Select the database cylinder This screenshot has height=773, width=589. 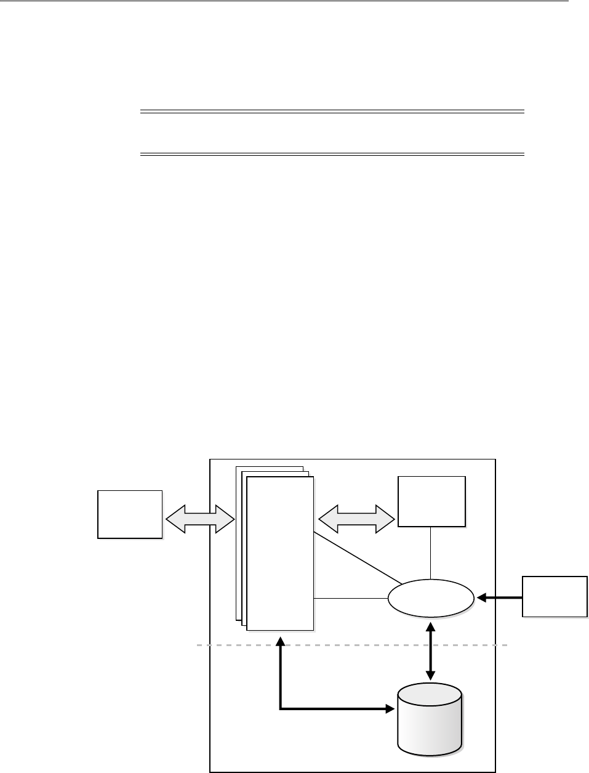pyautogui.click(x=430, y=721)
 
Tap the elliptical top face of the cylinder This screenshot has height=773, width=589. pyautogui.click(x=430, y=692)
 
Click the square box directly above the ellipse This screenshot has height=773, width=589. pyautogui.click(x=431, y=501)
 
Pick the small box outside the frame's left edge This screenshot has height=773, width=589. pyautogui.click(x=130, y=514)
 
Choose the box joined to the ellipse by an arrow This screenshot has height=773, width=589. pyautogui.click(x=555, y=596)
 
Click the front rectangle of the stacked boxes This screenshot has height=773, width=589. pyautogui.click(x=280, y=552)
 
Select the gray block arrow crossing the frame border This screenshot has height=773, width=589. pyautogui.click(x=201, y=519)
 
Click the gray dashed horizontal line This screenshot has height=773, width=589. pyautogui.click(x=351, y=645)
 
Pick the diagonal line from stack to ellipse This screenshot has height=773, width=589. pyautogui.click(x=358, y=558)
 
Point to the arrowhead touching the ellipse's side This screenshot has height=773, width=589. pyautogui.click(x=481, y=597)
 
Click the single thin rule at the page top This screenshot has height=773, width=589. pyautogui.click(x=283, y=1)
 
